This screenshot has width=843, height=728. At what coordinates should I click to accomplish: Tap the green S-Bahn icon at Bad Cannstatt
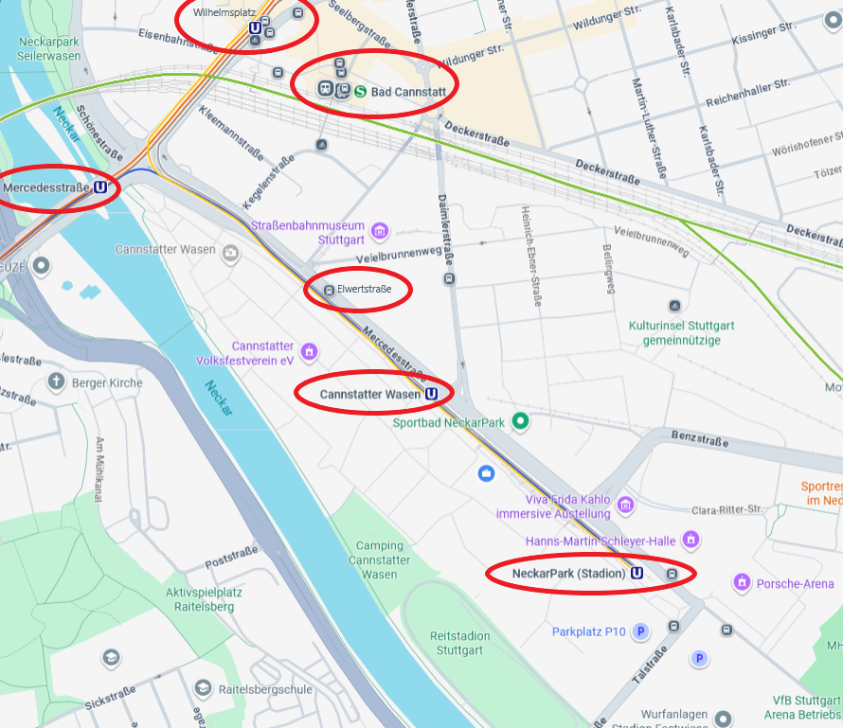(x=361, y=92)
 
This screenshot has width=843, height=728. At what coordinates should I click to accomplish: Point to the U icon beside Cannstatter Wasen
(x=432, y=394)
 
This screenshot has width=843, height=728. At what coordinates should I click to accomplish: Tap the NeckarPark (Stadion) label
(x=568, y=573)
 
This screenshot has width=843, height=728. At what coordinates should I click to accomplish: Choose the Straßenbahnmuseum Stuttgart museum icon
(x=380, y=231)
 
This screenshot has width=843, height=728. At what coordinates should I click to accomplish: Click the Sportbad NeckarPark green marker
(x=519, y=421)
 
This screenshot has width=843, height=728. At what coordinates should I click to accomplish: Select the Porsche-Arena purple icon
(x=742, y=583)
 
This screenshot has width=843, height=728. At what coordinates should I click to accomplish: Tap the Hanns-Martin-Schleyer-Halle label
(x=600, y=541)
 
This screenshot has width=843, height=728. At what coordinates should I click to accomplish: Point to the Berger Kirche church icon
(x=56, y=382)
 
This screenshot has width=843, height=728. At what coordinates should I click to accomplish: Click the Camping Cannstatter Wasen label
(x=379, y=559)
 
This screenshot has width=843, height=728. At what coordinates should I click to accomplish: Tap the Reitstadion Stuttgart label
(x=457, y=643)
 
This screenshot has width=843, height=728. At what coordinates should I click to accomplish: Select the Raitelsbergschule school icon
(x=202, y=689)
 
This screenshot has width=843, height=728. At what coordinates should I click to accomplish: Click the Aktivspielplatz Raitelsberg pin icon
(x=111, y=657)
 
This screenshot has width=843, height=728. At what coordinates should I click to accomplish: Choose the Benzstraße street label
(x=698, y=440)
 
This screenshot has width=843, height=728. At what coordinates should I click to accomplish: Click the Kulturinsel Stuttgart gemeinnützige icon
(x=674, y=306)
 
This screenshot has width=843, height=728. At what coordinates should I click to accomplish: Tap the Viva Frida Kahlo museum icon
(x=624, y=501)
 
